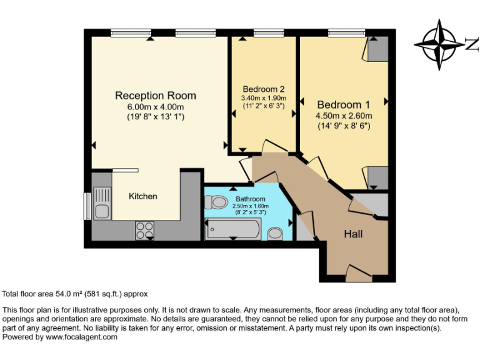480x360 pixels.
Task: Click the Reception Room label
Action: [155, 96]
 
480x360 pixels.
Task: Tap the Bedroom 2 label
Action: [264, 88]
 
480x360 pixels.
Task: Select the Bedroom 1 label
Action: [343, 104]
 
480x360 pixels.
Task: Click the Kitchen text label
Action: [143, 196]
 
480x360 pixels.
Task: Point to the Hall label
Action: [353, 234]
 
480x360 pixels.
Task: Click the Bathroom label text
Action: [250, 199]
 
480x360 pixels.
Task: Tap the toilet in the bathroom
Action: [216, 202]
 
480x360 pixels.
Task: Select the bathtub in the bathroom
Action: [232, 230]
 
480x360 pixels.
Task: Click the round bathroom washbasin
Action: [274, 234]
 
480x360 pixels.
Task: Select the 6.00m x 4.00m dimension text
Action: [155, 107]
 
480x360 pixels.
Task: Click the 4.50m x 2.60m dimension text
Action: [344, 116]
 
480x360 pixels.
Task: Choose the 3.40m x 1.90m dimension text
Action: [264, 97]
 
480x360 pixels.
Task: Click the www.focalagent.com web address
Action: [81, 337]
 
